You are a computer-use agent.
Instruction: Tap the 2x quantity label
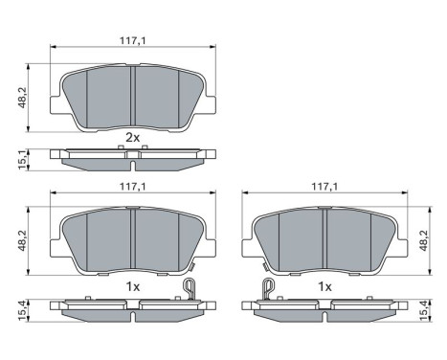pos(133,138)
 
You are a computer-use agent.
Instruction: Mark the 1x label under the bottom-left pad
pos(133,286)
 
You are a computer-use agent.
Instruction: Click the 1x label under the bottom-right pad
pos(325,286)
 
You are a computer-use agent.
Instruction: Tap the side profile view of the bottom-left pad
pos(133,308)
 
